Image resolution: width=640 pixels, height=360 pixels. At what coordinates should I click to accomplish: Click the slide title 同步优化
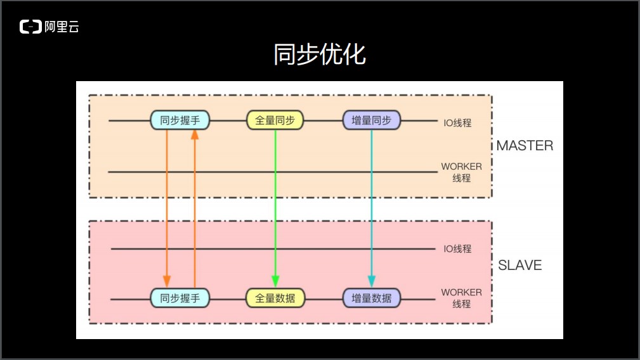(x=320, y=55)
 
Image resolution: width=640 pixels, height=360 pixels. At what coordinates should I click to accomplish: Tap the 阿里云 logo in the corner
(x=49, y=27)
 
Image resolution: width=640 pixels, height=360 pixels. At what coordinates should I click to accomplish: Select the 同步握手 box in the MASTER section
(x=180, y=120)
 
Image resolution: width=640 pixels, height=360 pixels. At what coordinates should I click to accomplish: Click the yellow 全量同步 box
(x=275, y=120)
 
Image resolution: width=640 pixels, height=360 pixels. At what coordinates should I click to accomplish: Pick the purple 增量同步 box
(x=372, y=120)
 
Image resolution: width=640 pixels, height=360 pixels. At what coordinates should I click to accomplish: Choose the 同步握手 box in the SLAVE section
(x=180, y=297)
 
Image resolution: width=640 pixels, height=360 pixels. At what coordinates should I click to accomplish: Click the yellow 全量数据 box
(x=275, y=297)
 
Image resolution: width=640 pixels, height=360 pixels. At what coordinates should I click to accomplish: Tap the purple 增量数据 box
(x=372, y=297)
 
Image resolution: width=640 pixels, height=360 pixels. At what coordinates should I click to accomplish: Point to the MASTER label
(x=525, y=145)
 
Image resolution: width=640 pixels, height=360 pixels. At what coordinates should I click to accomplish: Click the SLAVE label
(x=520, y=265)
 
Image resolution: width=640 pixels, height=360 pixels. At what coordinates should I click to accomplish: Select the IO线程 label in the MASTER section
(x=457, y=123)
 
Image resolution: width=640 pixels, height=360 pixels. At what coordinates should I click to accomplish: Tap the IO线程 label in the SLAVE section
(x=457, y=249)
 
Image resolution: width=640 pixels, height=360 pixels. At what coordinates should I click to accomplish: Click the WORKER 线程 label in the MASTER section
(x=462, y=172)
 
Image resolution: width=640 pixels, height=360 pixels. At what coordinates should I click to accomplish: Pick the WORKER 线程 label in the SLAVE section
(x=462, y=298)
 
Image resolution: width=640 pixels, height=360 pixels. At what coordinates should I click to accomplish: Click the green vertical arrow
(x=275, y=203)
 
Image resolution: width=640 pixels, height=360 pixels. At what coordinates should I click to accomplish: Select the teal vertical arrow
(x=372, y=203)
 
